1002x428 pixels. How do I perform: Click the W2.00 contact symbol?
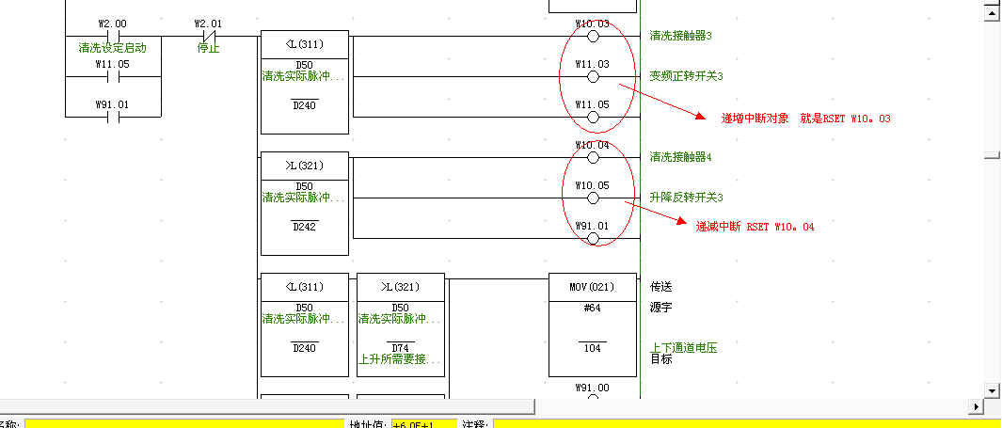pos(112,37)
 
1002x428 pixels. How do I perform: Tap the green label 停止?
pos(209,48)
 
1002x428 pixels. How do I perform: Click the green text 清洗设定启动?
pos(113,47)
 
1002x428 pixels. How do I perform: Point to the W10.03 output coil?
pos(593,37)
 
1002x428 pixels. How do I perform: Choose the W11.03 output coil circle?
pos(593,77)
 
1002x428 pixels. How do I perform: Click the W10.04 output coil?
pos(593,157)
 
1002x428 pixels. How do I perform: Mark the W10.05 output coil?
pos(593,198)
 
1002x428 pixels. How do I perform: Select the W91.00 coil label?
pos(592,387)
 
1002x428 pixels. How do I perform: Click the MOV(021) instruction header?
pos(592,287)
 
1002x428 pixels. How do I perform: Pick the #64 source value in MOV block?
pos(592,308)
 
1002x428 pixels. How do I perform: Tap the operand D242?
pos(304,227)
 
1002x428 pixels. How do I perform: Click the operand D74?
pos(400,348)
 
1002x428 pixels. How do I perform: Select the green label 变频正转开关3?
pos(687,76)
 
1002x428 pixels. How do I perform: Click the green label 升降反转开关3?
pos(687,198)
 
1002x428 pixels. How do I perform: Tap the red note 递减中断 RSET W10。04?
pos(754,227)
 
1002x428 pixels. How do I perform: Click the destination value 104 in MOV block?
pos(592,348)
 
